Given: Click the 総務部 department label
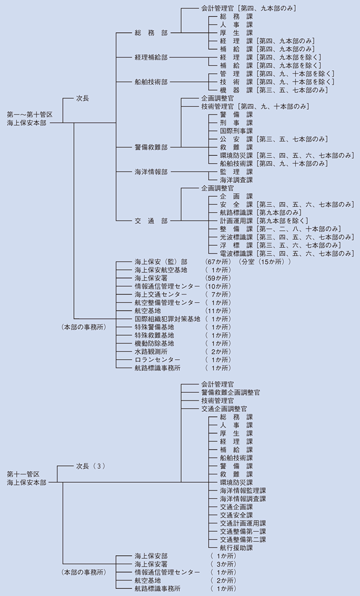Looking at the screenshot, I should coord(151,33).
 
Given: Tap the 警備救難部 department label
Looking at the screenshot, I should coord(151,147).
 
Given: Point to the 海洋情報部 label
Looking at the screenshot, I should coord(151,171).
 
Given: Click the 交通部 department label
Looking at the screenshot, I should coord(151,221).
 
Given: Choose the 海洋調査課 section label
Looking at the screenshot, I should coord(236,179).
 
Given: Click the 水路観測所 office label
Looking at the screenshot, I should coord(151,352).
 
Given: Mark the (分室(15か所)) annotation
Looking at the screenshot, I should coord(265,263).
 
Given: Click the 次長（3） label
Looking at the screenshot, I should coord(91,465).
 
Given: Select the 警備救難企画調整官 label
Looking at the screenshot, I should coord(231,392).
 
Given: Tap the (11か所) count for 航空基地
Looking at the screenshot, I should coord(217,311).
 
